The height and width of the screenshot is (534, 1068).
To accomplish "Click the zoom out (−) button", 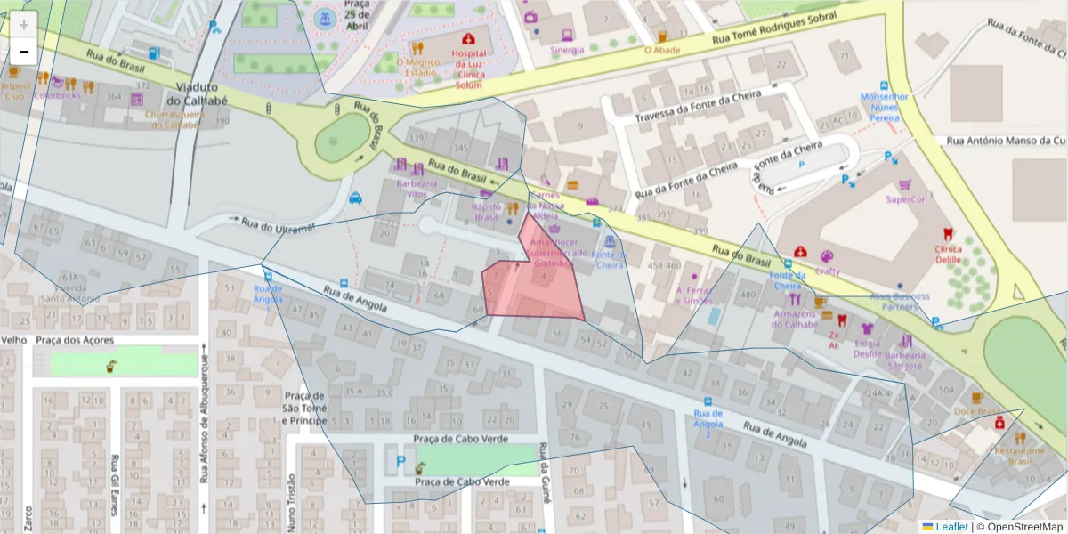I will (24, 53).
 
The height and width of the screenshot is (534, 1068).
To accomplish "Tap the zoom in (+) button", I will (24, 25).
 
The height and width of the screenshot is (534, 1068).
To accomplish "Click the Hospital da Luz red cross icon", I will (468, 40).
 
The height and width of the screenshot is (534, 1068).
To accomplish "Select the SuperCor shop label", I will (906, 199).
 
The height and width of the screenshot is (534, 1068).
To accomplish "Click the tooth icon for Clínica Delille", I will (948, 234).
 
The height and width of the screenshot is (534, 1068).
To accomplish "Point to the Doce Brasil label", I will (977, 412).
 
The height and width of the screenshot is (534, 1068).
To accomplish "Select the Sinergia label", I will (566, 51).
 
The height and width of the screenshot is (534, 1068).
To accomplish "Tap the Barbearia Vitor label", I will (417, 189).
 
